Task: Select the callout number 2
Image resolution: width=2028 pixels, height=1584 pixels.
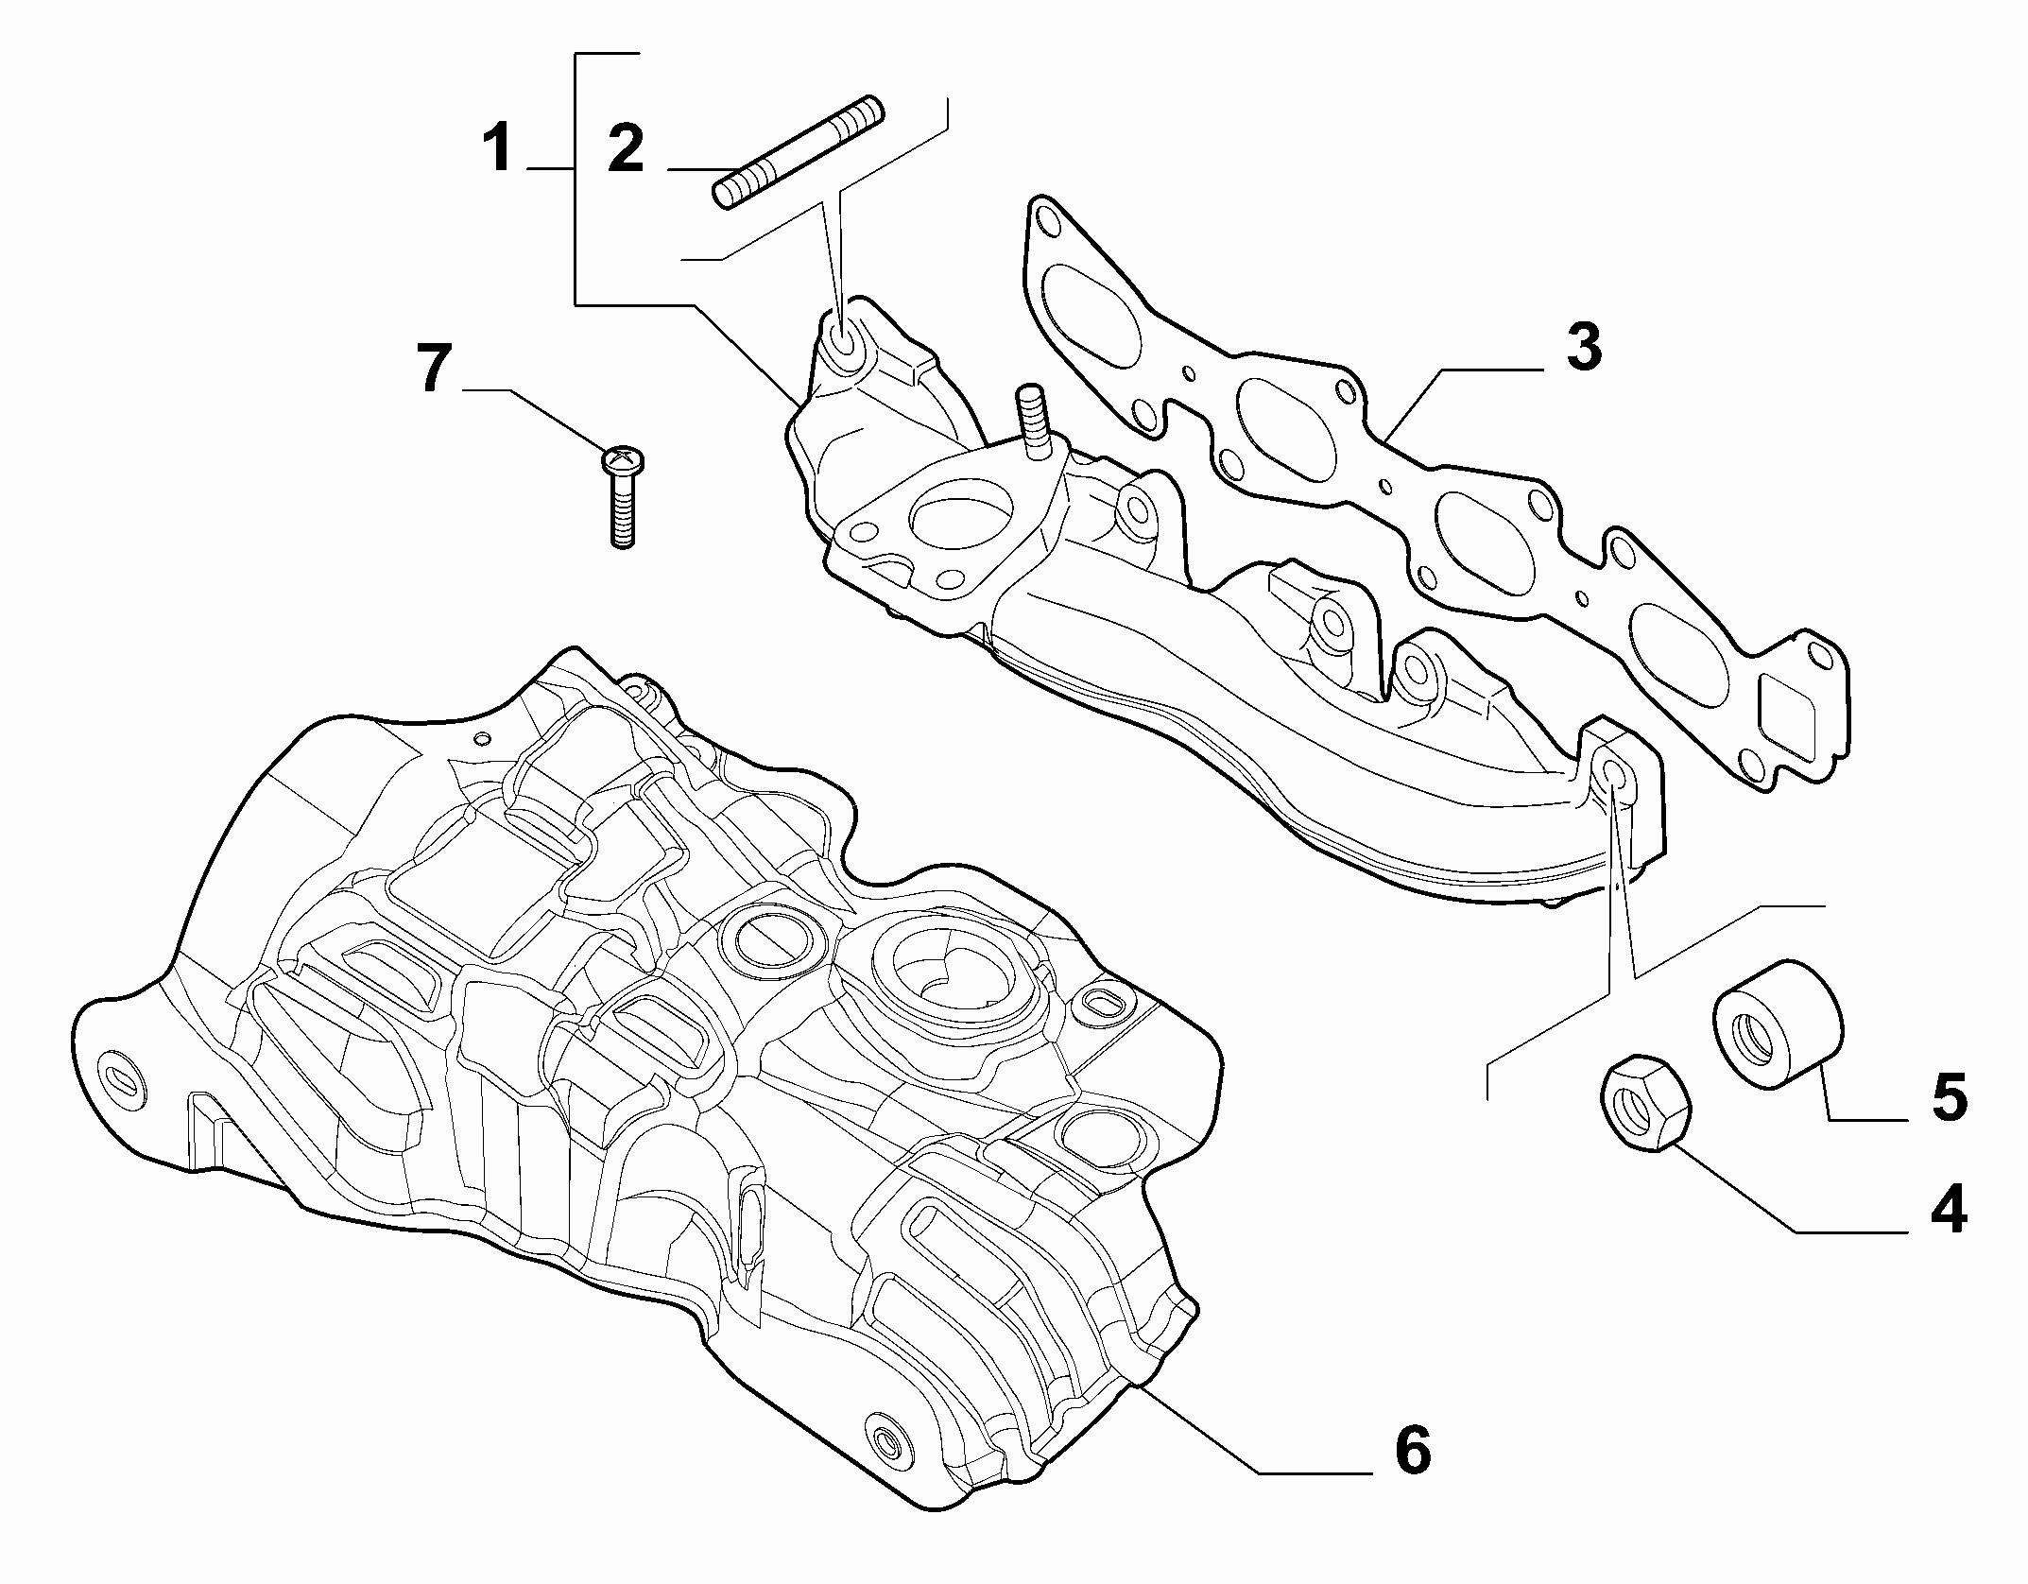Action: (627, 148)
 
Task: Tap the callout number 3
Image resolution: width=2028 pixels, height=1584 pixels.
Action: (1584, 347)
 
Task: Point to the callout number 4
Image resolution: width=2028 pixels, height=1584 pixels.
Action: (1948, 1209)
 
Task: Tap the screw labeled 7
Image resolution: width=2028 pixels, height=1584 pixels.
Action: (620, 497)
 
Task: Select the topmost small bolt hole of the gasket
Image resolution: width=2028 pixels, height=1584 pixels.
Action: (1046, 223)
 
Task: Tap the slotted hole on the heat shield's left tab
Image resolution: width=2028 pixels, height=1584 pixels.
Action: (126, 1079)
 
